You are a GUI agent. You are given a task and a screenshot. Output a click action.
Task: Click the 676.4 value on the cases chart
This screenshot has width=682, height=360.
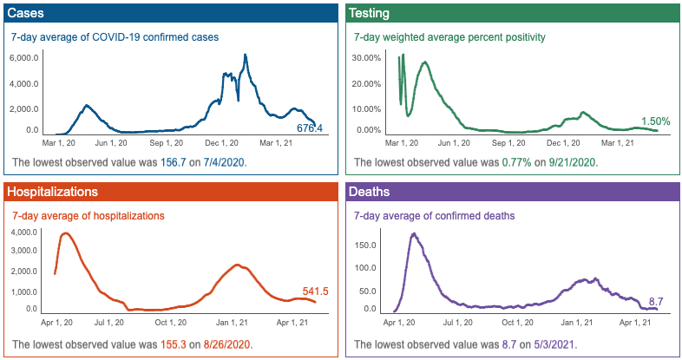pyautogui.click(x=310, y=128)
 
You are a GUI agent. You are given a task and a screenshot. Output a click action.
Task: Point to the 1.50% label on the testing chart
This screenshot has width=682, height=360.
pyautogui.click(x=655, y=121)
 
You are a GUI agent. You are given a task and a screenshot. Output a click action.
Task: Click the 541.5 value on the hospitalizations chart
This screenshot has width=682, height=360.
pyautogui.click(x=315, y=291)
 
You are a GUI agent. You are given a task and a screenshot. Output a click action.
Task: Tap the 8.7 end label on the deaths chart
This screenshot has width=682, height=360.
pyautogui.click(x=657, y=301)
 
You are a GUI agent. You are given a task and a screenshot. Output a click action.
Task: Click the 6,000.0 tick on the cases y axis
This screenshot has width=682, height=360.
pyautogui.click(x=23, y=58)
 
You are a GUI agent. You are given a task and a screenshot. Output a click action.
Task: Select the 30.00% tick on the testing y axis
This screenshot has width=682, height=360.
pyautogui.click(x=368, y=58)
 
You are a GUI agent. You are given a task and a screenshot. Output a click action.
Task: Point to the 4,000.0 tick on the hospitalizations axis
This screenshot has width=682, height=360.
pyautogui.click(x=23, y=233)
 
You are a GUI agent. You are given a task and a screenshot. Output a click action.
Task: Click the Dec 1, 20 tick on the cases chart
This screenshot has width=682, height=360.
pyautogui.click(x=222, y=142)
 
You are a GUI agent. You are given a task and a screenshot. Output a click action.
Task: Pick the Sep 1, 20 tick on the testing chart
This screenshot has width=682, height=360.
pyautogui.click(x=510, y=142)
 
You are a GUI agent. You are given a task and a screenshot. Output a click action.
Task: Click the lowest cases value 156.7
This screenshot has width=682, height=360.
pyautogui.click(x=175, y=162)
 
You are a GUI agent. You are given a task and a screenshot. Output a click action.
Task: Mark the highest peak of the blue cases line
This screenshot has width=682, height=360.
pyautogui.click(x=246, y=56)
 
